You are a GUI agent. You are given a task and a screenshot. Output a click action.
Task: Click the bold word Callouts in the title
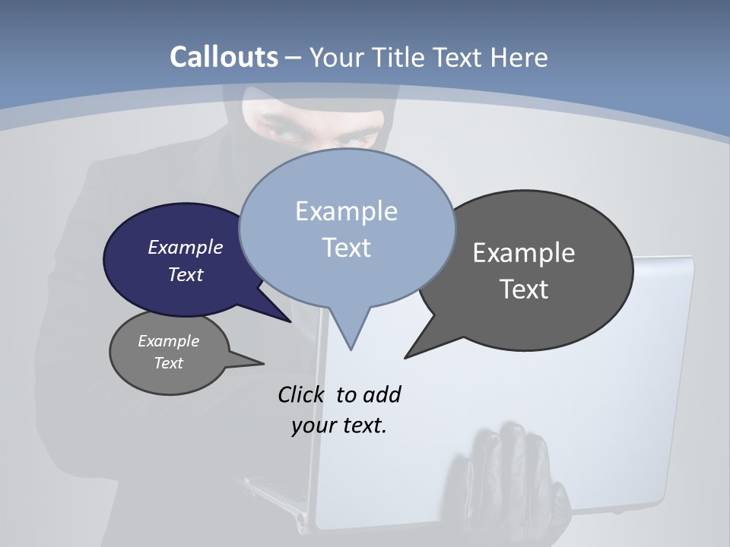pos(224,57)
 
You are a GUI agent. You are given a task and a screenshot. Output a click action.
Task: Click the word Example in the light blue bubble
pos(346,211)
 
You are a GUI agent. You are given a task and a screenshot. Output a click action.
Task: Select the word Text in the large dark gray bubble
pos(524,289)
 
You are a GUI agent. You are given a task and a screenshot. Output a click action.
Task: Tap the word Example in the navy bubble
pos(185,247)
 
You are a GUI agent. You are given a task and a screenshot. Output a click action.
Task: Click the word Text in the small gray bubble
pos(168,363)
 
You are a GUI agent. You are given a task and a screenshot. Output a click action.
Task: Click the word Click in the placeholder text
pos(301,394)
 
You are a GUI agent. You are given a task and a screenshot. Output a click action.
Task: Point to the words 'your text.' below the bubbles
pos(339,425)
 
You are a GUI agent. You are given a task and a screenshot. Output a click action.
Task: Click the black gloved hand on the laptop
pos(502,479)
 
